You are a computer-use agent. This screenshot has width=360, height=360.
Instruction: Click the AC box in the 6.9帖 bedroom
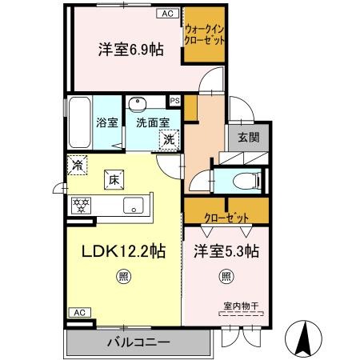click(167, 14)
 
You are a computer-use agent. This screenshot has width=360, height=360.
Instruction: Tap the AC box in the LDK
click(80, 312)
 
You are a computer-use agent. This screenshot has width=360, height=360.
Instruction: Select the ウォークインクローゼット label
click(204, 34)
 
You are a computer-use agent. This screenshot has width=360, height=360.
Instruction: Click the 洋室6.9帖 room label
click(131, 50)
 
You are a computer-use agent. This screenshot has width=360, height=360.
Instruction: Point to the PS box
click(175, 101)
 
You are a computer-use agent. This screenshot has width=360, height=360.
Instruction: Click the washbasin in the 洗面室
click(138, 104)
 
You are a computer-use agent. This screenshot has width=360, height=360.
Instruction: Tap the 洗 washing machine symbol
click(169, 139)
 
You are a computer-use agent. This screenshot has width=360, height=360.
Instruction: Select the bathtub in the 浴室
click(80, 122)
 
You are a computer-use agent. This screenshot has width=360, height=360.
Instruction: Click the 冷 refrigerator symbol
click(77, 165)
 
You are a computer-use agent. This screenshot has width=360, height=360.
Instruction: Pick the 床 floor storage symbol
click(114, 180)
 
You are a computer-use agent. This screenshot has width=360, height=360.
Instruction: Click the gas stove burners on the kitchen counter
click(82, 206)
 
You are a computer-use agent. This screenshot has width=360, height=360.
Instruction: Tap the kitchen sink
click(134, 206)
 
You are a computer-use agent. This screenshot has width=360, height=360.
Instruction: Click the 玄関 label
click(249, 137)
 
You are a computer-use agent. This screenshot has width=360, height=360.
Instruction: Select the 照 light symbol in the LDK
click(123, 277)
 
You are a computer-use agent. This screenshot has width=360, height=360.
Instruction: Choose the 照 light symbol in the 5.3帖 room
click(226, 277)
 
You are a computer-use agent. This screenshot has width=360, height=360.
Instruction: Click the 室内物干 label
click(242, 306)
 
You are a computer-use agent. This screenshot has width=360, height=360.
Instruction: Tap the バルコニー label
click(138, 342)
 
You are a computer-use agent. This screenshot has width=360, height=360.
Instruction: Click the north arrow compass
click(303, 338)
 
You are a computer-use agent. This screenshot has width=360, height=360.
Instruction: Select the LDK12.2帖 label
click(123, 251)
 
